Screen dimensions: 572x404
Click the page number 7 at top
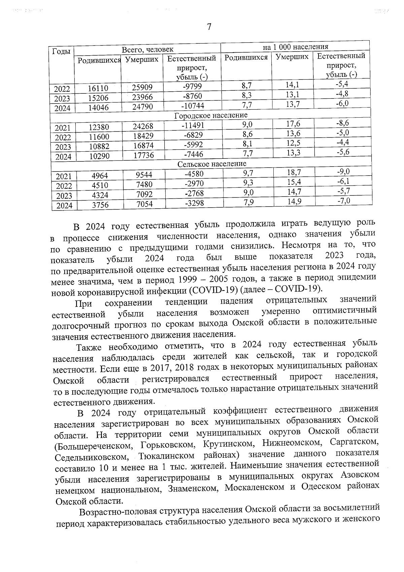tap(209, 27)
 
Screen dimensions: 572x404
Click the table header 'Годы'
tap(62, 52)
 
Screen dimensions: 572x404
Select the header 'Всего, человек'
tap(147, 50)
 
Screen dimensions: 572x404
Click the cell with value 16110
tap(98, 88)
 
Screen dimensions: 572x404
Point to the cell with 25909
tap(142, 87)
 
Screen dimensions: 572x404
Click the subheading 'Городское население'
tap(211, 116)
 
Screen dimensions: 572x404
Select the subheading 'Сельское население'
tap(212, 164)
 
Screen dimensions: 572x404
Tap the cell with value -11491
tap(193, 125)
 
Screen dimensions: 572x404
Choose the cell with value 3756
tap(100, 205)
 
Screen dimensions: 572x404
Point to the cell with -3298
tap(194, 203)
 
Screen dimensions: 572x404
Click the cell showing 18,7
tap(294, 173)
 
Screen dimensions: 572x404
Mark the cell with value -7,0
tap(343, 201)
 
